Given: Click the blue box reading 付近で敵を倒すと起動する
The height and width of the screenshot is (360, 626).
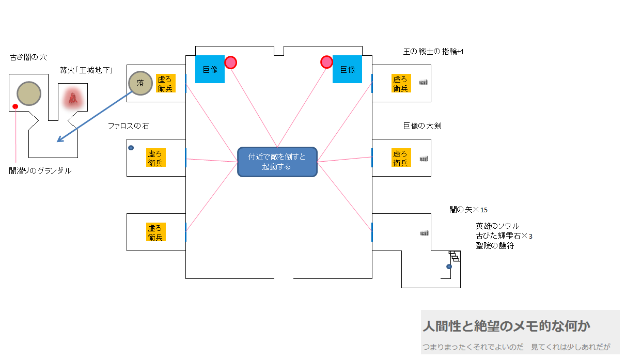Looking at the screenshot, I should pyautogui.click(x=277, y=162).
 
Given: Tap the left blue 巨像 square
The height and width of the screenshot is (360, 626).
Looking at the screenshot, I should pyautogui.click(x=210, y=69).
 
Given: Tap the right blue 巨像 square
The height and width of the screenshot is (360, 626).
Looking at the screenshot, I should pyautogui.click(x=347, y=69).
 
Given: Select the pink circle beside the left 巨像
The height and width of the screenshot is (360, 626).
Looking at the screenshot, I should pyautogui.click(x=230, y=62).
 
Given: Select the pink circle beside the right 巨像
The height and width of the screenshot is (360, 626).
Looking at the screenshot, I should pyautogui.click(x=326, y=62).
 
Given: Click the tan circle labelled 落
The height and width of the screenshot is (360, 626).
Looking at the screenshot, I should pyautogui.click(x=140, y=83).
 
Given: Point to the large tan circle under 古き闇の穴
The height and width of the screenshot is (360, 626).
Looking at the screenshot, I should pyautogui.click(x=29, y=93).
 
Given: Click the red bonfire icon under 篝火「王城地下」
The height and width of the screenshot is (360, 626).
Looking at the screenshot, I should pyautogui.click(x=73, y=98).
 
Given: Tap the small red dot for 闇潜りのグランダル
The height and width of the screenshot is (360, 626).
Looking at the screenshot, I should pyautogui.click(x=15, y=106).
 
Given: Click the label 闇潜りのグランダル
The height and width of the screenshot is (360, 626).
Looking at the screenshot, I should pyautogui.click(x=40, y=171).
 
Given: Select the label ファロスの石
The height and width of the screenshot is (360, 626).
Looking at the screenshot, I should pyautogui.click(x=128, y=126).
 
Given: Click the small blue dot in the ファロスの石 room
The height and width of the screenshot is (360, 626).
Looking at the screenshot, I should pyautogui.click(x=131, y=148).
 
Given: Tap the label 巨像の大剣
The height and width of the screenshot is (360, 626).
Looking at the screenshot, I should pyautogui.click(x=422, y=126).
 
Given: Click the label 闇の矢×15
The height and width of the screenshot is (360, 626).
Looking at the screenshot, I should pyautogui.click(x=468, y=210).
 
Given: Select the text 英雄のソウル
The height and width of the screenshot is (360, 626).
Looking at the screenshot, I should pyautogui.click(x=497, y=226).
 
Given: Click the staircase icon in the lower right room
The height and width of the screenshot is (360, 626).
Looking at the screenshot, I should pyautogui.click(x=455, y=256).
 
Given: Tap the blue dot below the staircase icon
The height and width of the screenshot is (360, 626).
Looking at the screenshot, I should pyautogui.click(x=449, y=267).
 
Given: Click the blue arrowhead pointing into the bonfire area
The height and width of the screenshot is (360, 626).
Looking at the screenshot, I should pyautogui.click(x=59, y=140).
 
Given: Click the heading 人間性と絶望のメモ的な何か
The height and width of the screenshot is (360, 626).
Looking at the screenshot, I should pyautogui.click(x=506, y=326).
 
